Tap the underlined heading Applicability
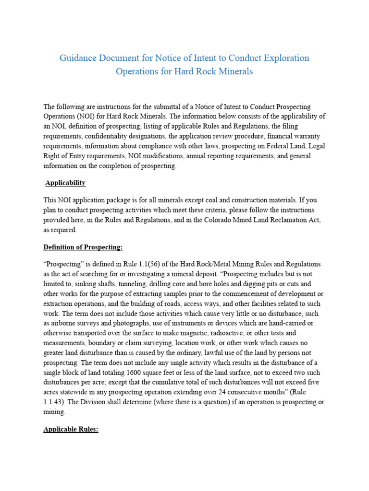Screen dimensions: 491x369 pos(65,183)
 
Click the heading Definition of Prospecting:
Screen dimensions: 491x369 pos(83,247)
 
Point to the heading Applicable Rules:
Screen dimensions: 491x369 pos(71,430)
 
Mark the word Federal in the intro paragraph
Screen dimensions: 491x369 pos(259,146)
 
